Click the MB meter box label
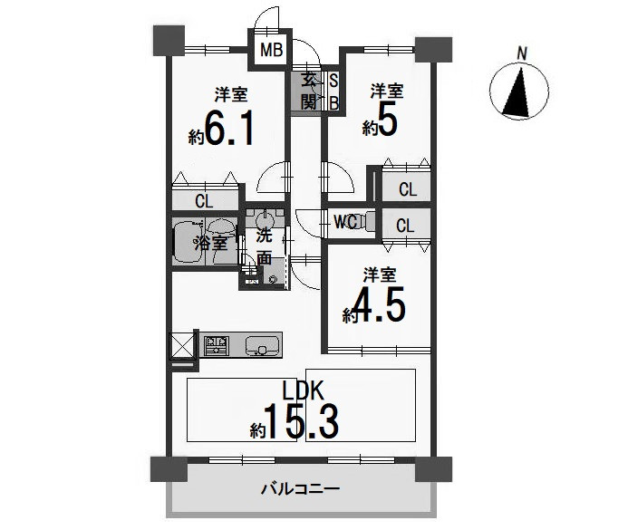272,50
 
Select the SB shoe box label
333,92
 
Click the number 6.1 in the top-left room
229,128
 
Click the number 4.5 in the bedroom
379,304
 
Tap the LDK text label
303,390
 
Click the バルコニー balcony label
300,488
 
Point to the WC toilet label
345,222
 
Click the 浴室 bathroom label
211,243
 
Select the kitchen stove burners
217,346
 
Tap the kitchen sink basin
262,345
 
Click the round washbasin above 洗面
264,220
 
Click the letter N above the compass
521,53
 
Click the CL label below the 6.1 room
204,201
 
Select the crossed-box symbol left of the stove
182,346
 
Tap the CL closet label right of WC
405,226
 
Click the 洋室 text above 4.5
380,275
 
